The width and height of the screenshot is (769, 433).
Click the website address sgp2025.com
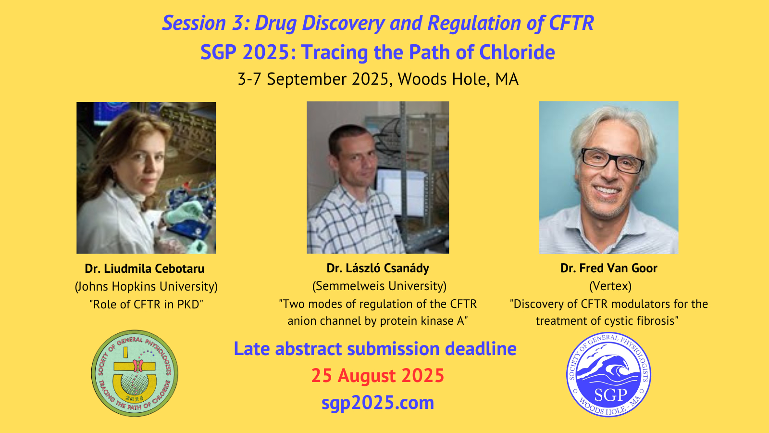378,403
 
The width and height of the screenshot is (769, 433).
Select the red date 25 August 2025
378,375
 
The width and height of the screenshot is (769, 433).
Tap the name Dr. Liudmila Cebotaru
145,268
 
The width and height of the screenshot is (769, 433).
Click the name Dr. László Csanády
378,268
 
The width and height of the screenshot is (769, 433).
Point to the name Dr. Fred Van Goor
608,268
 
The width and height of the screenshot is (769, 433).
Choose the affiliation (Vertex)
610,286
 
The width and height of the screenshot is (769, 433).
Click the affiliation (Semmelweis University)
379,286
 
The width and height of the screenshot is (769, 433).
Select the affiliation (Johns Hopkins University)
146,287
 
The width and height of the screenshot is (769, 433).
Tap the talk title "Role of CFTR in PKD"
146,304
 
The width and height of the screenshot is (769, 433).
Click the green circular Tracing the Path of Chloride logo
135,373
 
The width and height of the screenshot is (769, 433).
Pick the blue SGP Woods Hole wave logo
608,375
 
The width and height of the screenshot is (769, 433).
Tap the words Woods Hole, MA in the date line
458,79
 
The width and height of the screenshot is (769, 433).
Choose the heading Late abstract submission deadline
375,348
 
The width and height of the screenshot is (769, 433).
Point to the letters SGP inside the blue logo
610,395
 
